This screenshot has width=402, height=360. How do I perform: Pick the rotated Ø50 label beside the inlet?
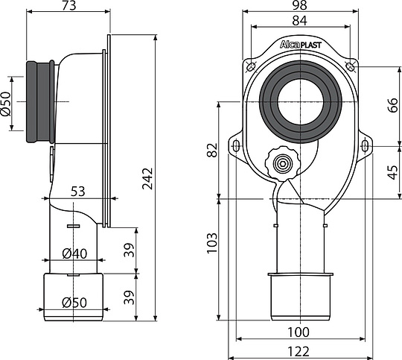[6, 101]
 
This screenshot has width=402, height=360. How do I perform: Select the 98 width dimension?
[301, 7]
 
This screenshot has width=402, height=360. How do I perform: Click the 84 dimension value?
[301, 22]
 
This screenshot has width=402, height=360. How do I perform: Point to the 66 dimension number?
[392, 105]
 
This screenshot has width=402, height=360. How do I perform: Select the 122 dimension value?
[301, 349]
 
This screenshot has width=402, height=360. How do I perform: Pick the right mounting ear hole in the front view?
[365, 145]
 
